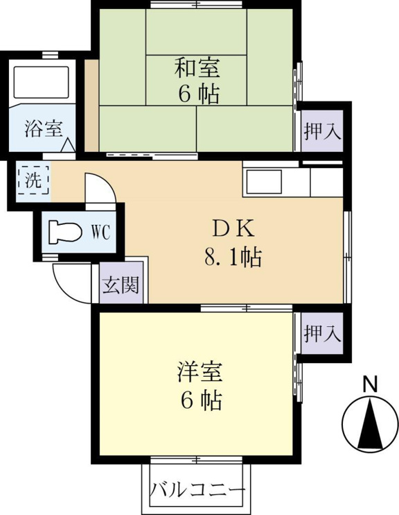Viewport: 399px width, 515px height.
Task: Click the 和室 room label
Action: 197,68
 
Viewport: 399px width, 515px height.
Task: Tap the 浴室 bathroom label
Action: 44,128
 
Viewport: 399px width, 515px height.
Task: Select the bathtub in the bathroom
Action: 42,82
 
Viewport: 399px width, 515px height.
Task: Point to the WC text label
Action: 100,233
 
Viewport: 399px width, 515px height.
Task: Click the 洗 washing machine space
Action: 33,180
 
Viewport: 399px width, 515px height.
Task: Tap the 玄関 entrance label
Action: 121,285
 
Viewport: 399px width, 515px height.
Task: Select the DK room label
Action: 233,228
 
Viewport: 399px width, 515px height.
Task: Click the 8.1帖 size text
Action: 233,257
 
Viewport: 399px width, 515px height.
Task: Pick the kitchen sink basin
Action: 264,182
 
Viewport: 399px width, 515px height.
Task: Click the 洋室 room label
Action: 200,373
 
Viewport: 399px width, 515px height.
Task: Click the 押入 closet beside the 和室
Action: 323,131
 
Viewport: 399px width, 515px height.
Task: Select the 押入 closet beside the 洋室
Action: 323,333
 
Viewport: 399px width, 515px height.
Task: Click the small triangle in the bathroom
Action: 68,145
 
